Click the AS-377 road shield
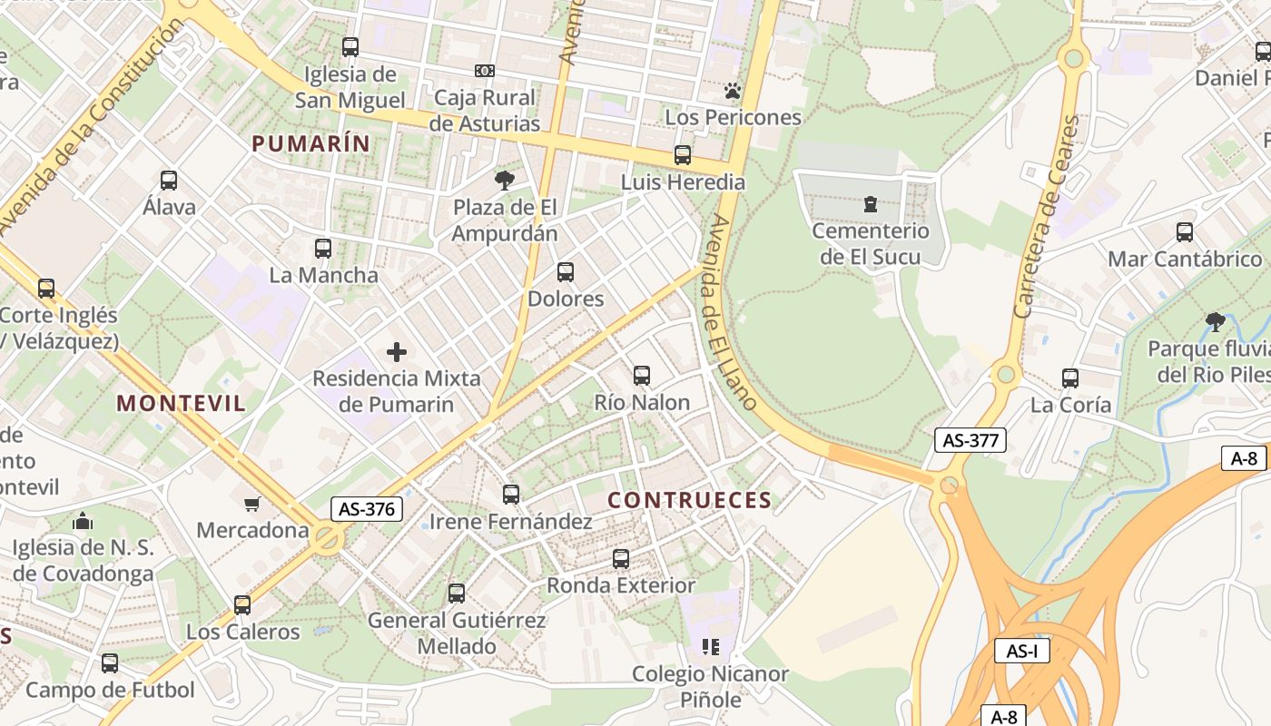(x=970, y=441)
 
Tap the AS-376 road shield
(x=366, y=509)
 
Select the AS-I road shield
(x=1021, y=651)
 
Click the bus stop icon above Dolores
(x=566, y=272)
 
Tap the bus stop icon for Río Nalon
(x=642, y=376)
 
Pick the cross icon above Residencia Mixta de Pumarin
(x=397, y=352)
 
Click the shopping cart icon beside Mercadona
(x=252, y=504)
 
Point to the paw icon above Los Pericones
(x=733, y=91)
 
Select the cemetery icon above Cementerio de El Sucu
(x=871, y=204)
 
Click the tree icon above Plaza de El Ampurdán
(x=504, y=181)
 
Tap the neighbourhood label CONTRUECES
(x=689, y=500)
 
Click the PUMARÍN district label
(x=311, y=143)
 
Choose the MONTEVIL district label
(x=182, y=404)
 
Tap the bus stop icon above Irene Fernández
(x=511, y=495)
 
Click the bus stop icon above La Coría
(x=1070, y=378)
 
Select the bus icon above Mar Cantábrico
(x=1185, y=232)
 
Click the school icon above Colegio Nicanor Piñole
(x=711, y=647)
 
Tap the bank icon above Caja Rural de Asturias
(x=485, y=71)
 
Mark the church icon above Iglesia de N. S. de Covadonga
(x=83, y=521)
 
